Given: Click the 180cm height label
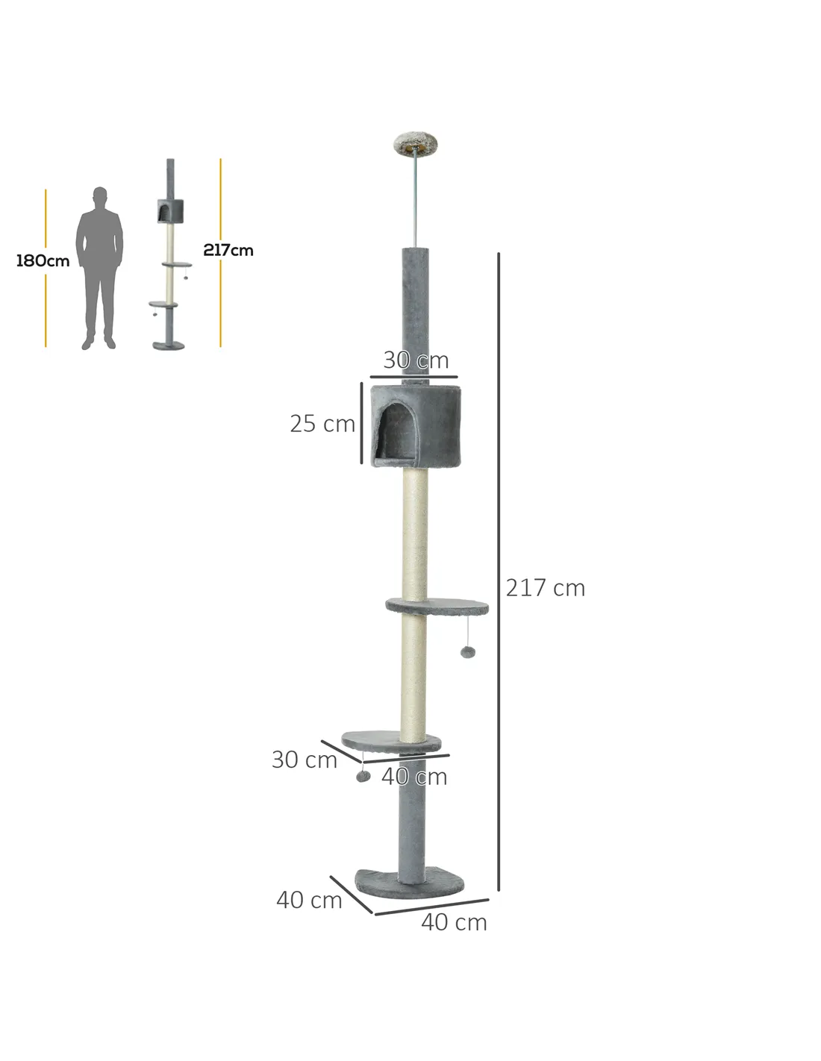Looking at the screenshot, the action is (x=43, y=260).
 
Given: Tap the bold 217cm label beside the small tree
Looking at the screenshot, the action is (x=228, y=250).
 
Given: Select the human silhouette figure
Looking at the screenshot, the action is (x=99, y=268).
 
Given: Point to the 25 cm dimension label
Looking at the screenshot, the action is (x=322, y=423).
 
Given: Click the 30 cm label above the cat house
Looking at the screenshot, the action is (x=416, y=360).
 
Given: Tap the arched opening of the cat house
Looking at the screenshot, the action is (x=398, y=431).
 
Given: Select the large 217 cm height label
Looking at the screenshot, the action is (x=545, y=587).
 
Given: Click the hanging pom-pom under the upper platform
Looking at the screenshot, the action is (x=468, y=652).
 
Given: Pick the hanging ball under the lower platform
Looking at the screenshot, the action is (x=363, y=776).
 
